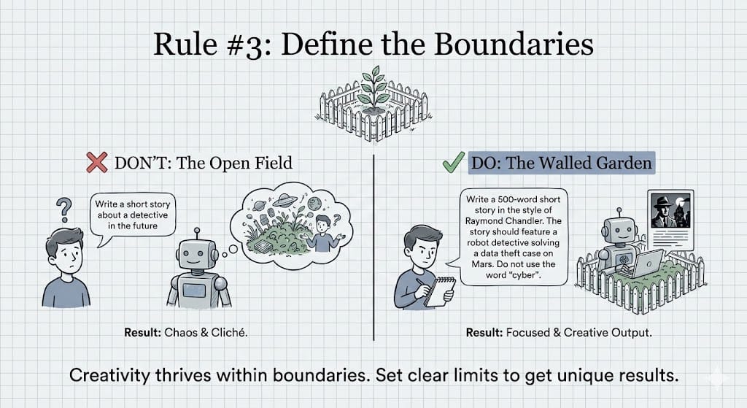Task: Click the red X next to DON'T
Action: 98,162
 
